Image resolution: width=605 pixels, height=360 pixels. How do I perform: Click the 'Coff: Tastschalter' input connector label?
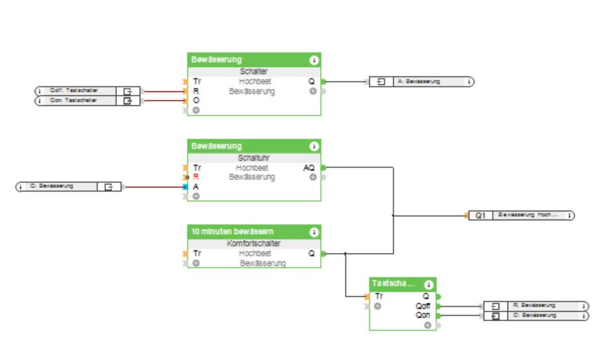pos(74,91)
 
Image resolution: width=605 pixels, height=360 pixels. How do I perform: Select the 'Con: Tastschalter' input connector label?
pos(74,101)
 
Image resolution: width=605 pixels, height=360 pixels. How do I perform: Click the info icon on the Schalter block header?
pos(313,60)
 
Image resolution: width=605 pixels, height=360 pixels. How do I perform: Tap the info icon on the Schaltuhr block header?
pos(313,146)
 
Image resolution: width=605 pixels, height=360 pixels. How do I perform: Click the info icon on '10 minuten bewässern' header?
pos(313,232)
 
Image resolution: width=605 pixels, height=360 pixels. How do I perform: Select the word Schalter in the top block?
pos(254,72)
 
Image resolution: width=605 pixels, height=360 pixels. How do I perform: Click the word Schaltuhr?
pos(254,158)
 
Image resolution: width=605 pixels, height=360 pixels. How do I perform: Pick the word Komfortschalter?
pos(254,244)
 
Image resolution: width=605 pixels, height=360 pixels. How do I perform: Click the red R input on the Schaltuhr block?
pos(196,178)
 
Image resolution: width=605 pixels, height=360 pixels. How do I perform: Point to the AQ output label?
pos(309,168)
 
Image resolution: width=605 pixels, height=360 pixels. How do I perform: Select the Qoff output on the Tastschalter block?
pos(423,306)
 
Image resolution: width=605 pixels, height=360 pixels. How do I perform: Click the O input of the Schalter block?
pos(196,101)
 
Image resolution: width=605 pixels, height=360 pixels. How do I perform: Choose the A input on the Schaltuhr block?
pos(196,187)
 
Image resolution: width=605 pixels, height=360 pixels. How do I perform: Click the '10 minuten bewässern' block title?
pos(233,232)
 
